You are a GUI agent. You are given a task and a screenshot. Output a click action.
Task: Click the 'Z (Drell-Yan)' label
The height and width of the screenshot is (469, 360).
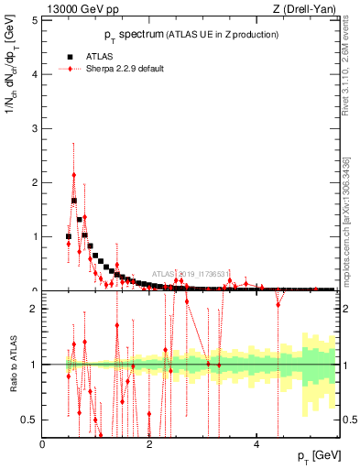click(x=303, y=10)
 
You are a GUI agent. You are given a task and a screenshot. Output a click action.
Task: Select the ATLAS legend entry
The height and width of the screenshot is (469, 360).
click(x=100, y=56)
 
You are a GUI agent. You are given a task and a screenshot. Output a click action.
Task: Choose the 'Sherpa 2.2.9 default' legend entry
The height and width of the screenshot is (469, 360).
click(x=125, y=69)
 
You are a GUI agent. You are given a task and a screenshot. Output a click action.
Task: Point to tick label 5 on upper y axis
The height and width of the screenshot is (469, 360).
click(x=35, y=20)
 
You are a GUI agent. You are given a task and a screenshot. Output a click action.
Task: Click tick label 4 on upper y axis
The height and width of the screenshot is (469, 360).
click(x=35, y=74)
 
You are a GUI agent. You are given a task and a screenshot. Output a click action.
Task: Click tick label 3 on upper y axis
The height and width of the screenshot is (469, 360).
click(x=35, y=128)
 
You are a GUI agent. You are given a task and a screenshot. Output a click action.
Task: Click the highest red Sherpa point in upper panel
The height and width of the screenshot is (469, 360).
click(x=74, y=174)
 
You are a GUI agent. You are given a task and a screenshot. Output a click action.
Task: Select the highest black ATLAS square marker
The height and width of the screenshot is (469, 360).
click(x=74, y=201)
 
